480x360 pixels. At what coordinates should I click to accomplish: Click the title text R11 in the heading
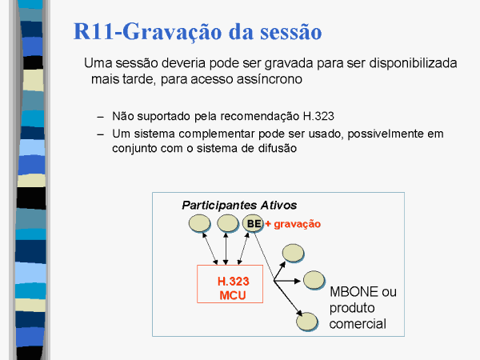pyautogui.click(x=94, y=31)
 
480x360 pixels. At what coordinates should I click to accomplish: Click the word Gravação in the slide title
pyautogui.click(x=173, y=32)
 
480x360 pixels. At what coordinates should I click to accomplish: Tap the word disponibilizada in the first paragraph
pyautogui.click(x=413, y=63)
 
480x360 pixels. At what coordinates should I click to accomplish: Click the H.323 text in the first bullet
pyautogui.click(x=318, y=116)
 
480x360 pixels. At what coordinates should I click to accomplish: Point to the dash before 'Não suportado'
pyautogui.click(x=101, y=117)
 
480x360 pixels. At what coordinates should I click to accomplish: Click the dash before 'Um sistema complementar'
pyautogui.click(x=101, y=134)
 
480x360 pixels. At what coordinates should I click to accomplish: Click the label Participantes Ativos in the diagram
pyautogui.click(x=239, y=205)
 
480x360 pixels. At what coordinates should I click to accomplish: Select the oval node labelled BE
pyautogui.click(x=253, y=223)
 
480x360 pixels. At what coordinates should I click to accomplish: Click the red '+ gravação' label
pyautogui.click(x=293, y=224)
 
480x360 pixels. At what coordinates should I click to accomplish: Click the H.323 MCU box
pyautogui.click(x=230, y=284)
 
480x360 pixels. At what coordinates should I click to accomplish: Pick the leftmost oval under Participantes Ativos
pyautogui.click(x=199, y=223)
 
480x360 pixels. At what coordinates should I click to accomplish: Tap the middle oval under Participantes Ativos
pyautogui.click(x=228, y=223)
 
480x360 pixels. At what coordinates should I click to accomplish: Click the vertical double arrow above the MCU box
pyautogui.click(x=226, y=249)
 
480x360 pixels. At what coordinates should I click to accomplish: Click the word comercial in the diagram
pyautogui.click(x=358, y=324)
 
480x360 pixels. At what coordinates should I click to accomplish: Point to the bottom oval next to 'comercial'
pyautogui.click(x=307, y=322)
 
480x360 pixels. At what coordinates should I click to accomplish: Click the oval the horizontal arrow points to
pyautogui.click(x=314, y=280)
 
